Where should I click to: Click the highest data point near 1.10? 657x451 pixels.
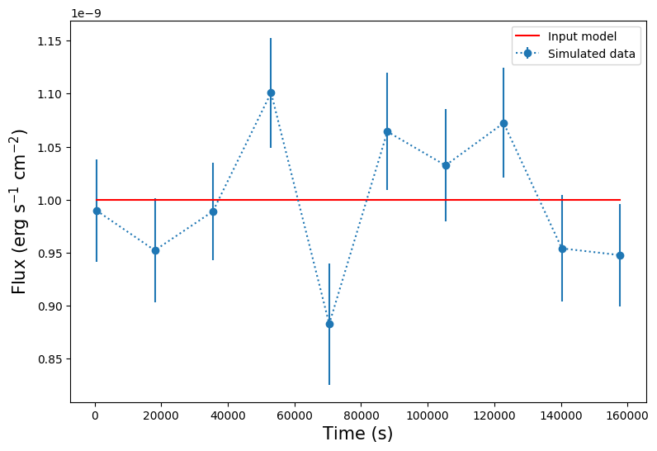coord(271,93)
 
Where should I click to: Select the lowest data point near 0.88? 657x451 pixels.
coord(329,324)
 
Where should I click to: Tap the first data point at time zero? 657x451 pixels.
coord(97,211)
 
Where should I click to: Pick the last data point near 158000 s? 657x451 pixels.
coord(620,255)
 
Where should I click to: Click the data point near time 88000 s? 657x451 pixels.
coord(387,131)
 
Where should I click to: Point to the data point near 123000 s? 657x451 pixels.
coord(503,123)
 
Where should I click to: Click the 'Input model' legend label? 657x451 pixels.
coord(582,36)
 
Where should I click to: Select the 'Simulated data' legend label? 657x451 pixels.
coord(592,54)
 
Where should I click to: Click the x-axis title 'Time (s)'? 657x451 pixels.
coord(357,434)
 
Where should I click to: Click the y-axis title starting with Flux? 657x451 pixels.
coord(20,211)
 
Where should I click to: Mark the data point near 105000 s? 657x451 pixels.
coord(446,165)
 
